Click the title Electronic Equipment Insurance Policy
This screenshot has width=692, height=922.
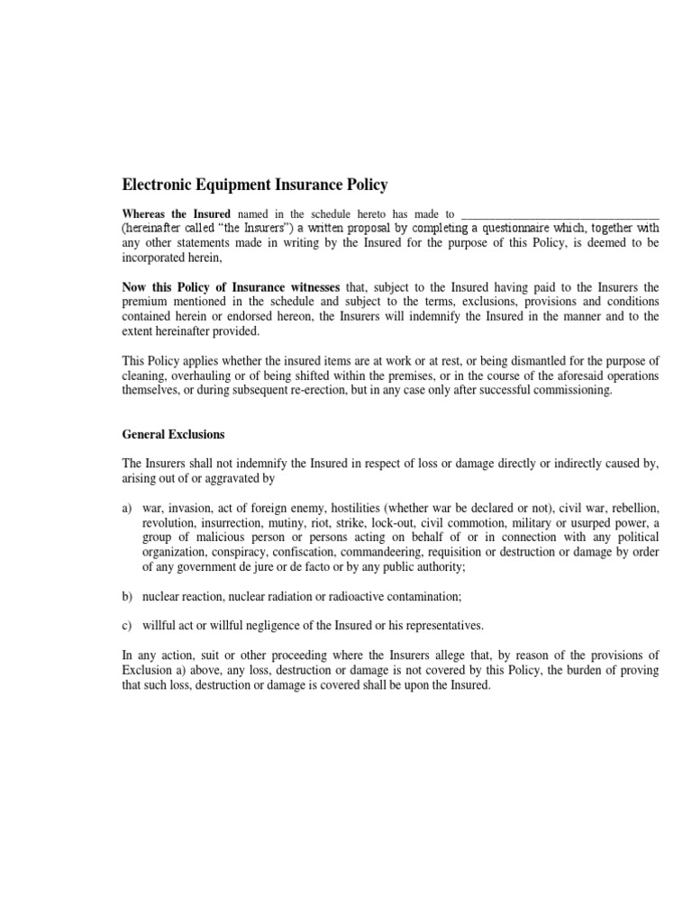point(255,185)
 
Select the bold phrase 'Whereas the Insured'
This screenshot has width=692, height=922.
point(177,214)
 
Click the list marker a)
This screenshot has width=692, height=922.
point(128,508)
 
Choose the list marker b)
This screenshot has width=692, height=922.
point(128,597)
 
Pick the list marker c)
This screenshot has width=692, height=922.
point(128,625)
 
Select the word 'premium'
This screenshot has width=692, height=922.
point(144,302)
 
